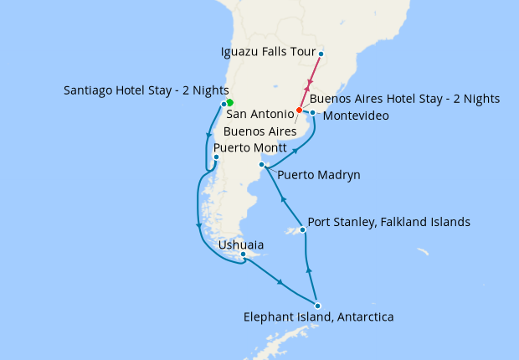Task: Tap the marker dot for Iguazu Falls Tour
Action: [x=321, y=55]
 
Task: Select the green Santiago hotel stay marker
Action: [x=229, y=102]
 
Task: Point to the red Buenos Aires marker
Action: [x=299, y=111]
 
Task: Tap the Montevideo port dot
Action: [x=312, y=112]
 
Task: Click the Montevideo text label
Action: [x=355, y=116]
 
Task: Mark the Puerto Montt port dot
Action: [x=216, y=157]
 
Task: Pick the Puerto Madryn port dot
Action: [x=262, y=165]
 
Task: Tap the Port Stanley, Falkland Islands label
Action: [x=389, y=223]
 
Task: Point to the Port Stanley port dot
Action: [x=302, y=229]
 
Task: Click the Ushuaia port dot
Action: [x=243, y=255]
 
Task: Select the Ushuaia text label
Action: [x=240, y=245]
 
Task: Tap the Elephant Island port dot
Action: [x=317, y=306]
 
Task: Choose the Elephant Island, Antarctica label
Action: [x=318, y=318]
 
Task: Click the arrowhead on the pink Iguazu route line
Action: [x=309, y=84]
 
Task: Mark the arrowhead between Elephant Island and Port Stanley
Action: [x=309, y=270]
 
